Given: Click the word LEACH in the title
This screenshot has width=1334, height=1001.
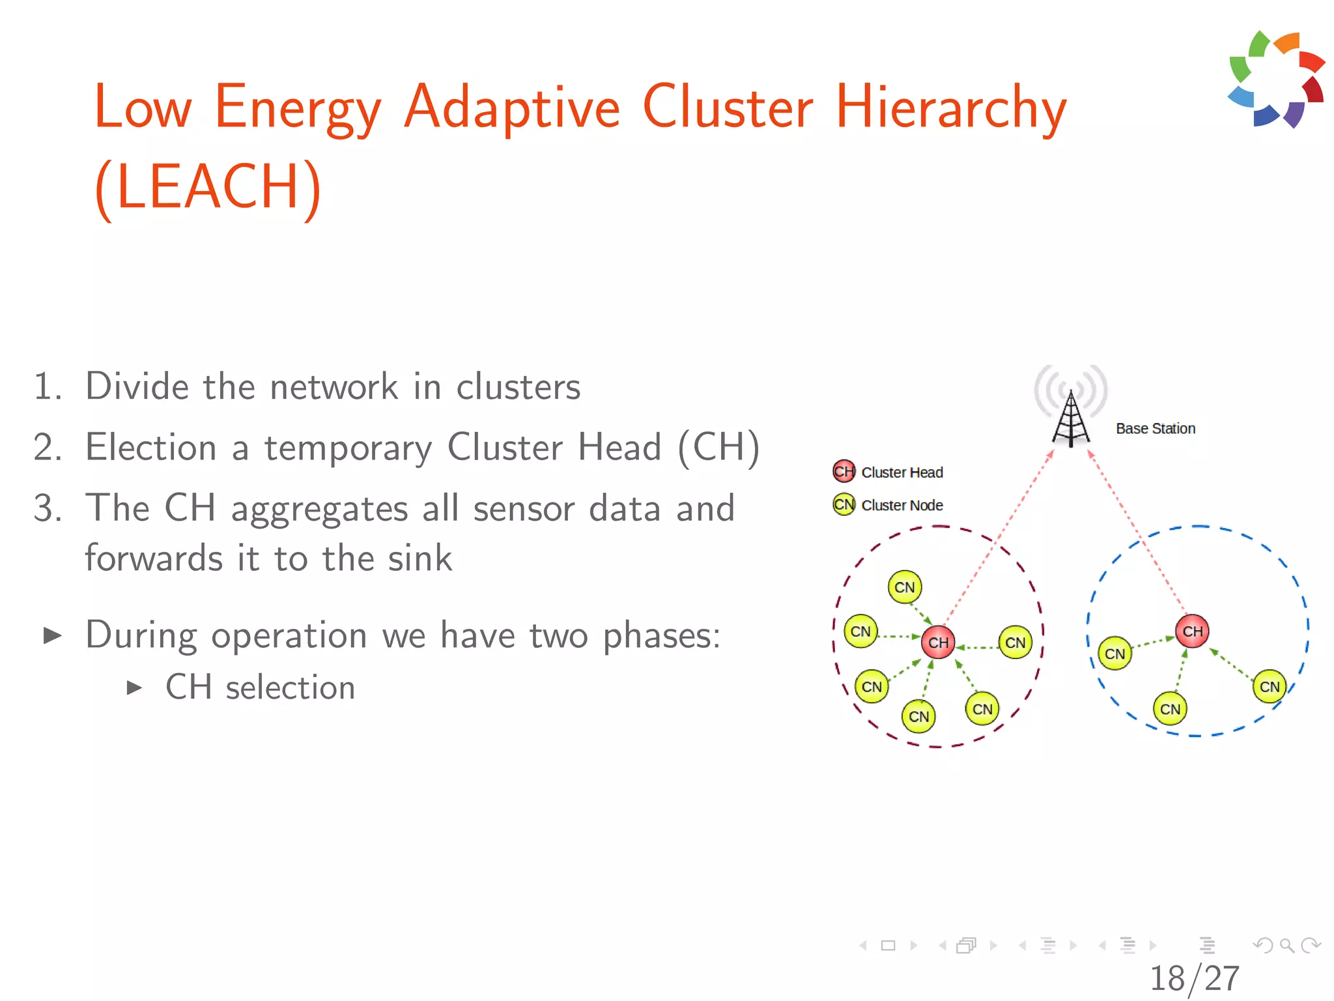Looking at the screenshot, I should pos(207,188).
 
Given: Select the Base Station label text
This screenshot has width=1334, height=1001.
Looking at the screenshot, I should pos(1156,429).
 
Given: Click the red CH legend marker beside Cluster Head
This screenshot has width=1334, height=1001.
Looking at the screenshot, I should pos(844,471).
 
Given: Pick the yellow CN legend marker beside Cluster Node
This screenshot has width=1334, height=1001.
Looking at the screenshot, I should pos(844,504).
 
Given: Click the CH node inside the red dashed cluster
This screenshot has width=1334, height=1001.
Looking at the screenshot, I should pos(938,643).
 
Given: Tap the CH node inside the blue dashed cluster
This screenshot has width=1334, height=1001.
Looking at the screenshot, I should pos(1192,631).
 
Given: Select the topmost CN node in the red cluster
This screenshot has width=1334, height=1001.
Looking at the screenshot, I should pos(904,587).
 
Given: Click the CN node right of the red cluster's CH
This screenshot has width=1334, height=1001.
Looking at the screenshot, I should pos(1015,643).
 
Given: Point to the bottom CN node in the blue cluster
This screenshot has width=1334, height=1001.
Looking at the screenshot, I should pos(1170,709).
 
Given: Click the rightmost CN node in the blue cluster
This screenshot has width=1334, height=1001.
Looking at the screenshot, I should pos(1269,686).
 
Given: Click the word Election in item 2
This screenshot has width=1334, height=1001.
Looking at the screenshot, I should pos(151,448).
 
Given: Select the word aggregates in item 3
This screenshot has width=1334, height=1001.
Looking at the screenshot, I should pos(319,510).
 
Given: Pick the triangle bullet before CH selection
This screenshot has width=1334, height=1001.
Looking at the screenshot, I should pos(134,688).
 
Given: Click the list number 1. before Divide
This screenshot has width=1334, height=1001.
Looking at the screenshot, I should pos(48,386).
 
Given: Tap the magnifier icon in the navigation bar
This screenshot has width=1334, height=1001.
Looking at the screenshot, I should pos(1286,945).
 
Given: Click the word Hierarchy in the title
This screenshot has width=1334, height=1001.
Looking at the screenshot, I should pos(950,108).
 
